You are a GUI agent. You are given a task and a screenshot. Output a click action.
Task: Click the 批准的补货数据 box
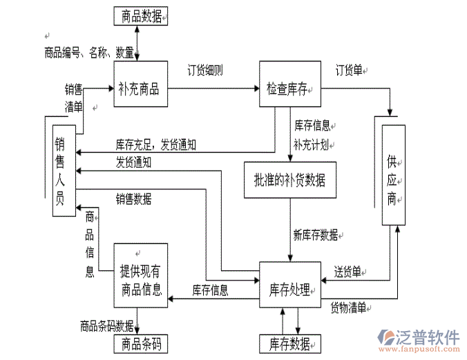click(x=290, y=181)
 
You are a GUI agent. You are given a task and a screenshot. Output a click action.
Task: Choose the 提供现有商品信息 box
click(x=142, y=276)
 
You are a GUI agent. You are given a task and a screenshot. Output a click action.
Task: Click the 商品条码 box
click(x=142, y=343)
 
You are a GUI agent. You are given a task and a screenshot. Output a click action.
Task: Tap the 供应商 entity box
click(x=393, y=174)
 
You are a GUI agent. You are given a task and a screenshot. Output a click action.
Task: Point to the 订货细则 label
click(x=205, y=70)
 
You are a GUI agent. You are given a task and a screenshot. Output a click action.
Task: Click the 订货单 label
click(x=350, y=70)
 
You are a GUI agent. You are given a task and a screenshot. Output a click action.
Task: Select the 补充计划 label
click(x=310, y=144)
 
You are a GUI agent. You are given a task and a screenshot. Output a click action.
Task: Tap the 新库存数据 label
click(x=316, y=235)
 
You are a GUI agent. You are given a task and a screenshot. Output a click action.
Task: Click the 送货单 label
click(x=347, y=271)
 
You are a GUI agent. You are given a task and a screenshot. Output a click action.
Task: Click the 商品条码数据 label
click(x=106, y=325)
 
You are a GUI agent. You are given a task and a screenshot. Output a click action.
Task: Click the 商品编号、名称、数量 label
click(x=88, y=52)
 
